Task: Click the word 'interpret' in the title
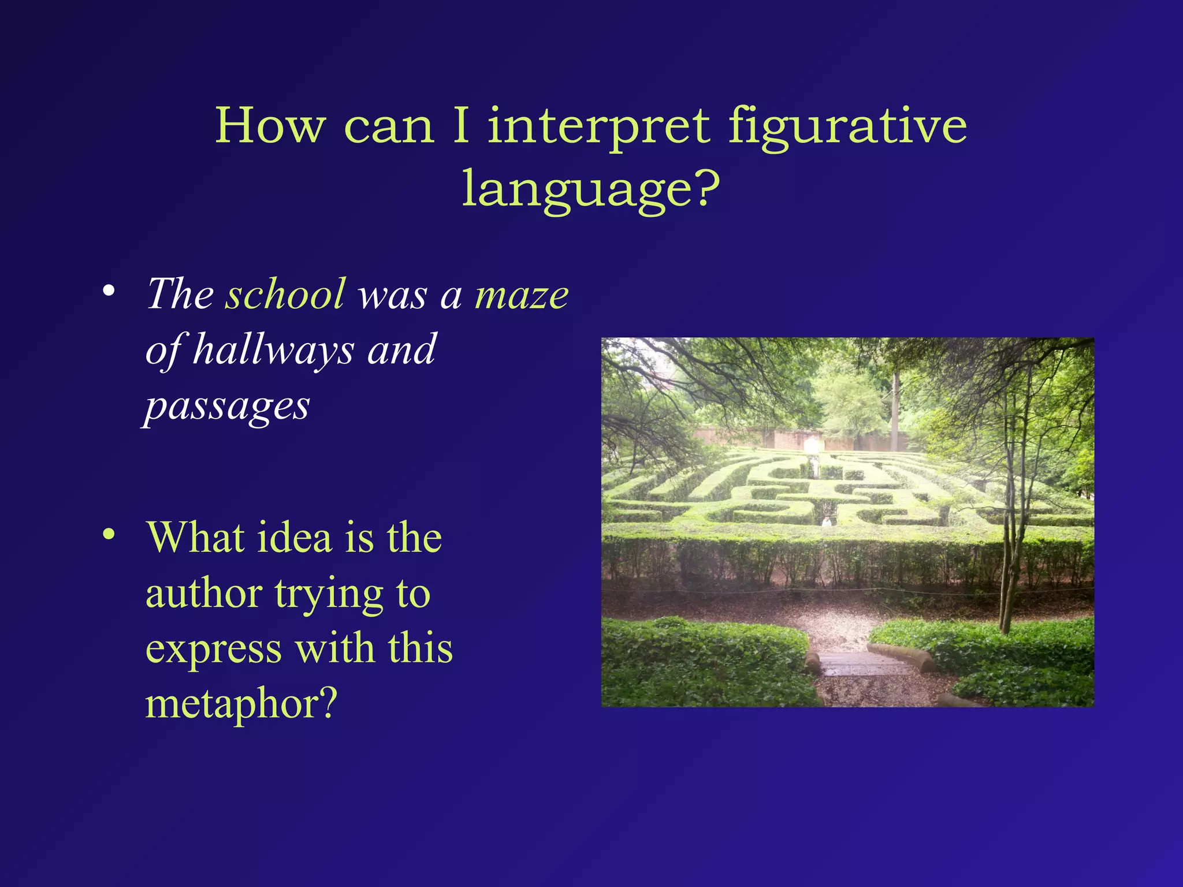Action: click(598, 127)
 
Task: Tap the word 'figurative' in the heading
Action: click(847, 127)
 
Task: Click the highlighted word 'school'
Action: click(285, 294)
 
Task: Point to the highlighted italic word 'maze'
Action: click(521, 295)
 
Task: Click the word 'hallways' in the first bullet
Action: click(273, 350)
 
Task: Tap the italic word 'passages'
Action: click(227, 407)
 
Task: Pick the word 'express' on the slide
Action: click(214, 649)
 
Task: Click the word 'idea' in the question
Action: click(294, 538)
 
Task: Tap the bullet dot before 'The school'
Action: click(108, 291)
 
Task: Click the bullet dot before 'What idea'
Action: click(108, 535)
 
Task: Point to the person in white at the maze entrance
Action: click(827, 521)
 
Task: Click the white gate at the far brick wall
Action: click(811, 445)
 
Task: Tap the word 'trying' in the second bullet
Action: click(329, 595)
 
